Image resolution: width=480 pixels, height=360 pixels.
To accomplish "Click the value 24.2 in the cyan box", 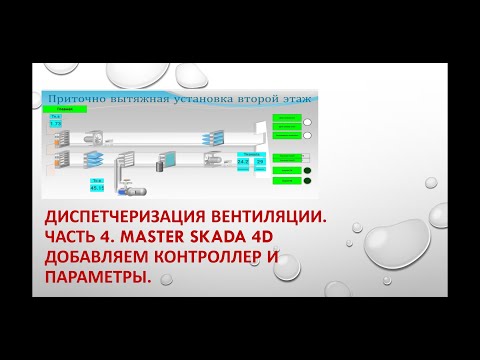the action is [x=243, y=160].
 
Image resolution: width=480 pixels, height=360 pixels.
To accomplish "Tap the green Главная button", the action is [x=65, y=109].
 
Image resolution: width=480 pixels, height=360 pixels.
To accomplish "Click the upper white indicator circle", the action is [x=308, y=123].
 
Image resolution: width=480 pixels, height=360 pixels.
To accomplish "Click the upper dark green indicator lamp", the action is [x=308, y=169].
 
